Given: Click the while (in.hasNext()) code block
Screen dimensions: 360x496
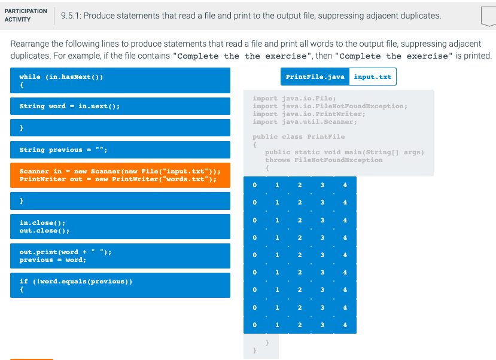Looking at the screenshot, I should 120,80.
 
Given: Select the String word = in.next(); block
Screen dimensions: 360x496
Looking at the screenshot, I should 120,106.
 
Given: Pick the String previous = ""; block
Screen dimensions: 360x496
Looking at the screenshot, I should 120,150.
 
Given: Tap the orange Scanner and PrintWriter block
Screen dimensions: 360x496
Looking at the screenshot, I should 120,175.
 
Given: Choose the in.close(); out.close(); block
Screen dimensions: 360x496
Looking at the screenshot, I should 120,226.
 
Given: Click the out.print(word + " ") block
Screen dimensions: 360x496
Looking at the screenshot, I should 120,256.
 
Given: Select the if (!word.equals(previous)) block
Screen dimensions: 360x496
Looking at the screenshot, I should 120,285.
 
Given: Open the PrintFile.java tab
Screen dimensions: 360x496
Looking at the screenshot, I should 315,77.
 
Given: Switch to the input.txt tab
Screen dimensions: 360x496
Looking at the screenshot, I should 372,77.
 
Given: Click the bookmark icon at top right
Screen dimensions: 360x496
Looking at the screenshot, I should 488,16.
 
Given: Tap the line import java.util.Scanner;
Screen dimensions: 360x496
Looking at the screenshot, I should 305,122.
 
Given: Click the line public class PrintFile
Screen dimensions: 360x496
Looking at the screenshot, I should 299,137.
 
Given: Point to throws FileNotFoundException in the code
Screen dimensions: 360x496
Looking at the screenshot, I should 323,160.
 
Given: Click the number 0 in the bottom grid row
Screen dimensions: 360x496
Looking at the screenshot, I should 255,325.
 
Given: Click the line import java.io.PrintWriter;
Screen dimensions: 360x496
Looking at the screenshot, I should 309,114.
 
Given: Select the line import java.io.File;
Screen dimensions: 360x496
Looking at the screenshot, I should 294,99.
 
